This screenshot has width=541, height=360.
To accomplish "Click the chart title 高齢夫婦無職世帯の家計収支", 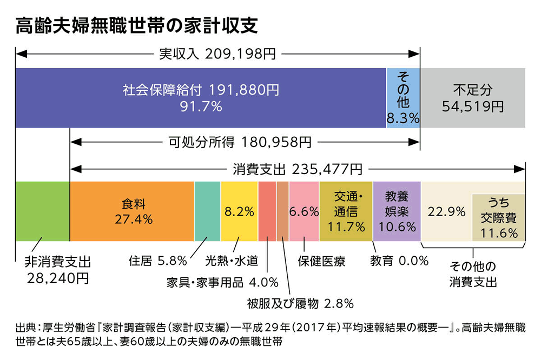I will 136,25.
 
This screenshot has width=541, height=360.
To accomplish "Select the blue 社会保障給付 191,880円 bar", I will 201,98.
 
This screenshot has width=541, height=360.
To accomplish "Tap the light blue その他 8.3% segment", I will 403,98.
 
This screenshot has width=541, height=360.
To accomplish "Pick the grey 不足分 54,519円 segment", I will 472,98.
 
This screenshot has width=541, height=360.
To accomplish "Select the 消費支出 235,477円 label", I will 298,169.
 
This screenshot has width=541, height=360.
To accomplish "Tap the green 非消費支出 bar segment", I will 43,211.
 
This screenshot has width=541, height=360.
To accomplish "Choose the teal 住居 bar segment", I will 207,211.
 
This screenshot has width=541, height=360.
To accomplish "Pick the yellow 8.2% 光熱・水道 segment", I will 239,211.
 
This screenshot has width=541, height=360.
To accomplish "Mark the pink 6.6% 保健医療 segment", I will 304,211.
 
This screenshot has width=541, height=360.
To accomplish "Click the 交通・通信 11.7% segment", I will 346,211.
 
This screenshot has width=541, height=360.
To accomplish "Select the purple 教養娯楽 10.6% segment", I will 397,211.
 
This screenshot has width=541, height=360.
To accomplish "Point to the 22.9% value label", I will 446,212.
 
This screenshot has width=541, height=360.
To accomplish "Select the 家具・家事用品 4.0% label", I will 222,282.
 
